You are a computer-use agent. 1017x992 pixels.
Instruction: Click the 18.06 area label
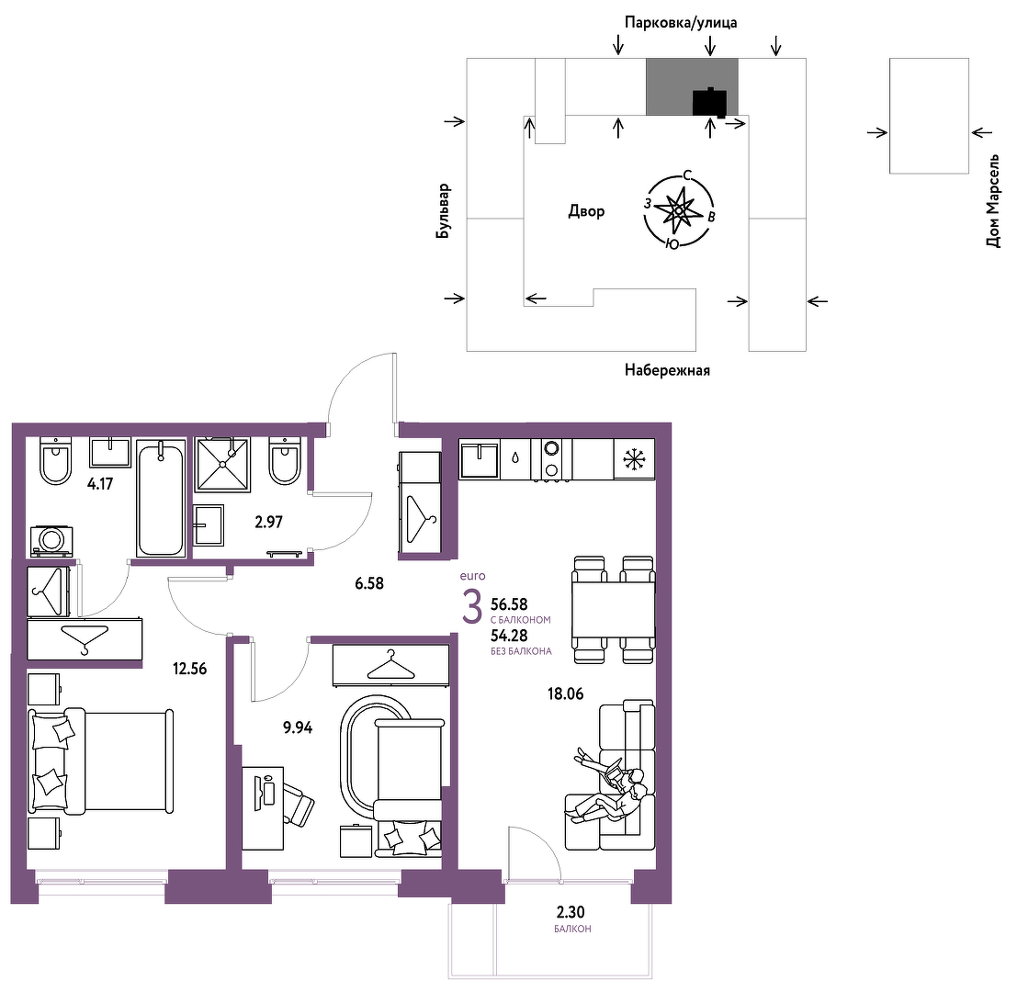click(566, 693)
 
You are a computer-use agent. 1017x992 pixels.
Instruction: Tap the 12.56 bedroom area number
click(189, 669)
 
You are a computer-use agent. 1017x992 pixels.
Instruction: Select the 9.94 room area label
click(298, 727)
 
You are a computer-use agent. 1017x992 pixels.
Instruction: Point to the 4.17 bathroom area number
click(100, 484)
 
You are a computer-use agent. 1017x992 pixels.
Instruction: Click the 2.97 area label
click(268, 522)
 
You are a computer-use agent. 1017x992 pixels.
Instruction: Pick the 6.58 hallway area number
click(369, 583)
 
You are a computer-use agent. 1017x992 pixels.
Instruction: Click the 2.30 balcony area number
click(571, 912)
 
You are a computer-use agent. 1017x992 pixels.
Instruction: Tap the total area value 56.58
click(509, 604)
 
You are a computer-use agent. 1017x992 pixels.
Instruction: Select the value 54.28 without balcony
click(509, 636)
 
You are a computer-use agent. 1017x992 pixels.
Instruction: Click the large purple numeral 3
click(472, 607)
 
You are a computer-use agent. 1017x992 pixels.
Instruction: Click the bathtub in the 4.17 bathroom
click(161, 498)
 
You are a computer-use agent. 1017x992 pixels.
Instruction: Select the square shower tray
click(223, 464)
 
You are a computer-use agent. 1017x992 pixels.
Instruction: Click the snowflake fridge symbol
click(634, 459)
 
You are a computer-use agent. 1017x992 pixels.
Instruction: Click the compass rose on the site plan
click(678, 210)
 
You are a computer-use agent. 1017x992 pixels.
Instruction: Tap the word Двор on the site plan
click(586, 211)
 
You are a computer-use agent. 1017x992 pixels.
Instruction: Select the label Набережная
click(667, 370)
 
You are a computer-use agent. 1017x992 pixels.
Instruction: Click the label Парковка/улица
click(681, 23)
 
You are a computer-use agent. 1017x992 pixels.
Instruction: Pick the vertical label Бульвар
click(443, 210)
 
